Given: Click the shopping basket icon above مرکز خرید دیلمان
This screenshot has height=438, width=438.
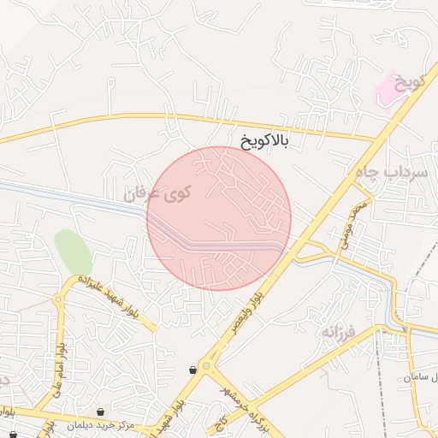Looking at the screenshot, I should [x=101, y=412].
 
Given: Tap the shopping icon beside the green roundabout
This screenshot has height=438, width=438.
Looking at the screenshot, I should [x=194, y=370].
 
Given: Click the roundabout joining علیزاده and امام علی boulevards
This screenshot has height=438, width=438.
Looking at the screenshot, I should [x=58, y=299].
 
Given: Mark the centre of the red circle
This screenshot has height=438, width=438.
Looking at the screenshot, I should [x=219, y=218].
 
